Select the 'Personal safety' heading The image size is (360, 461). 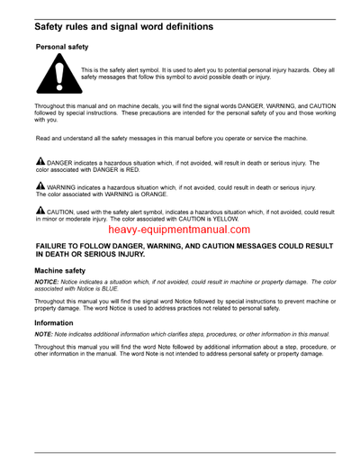pyautogui.click(x=66, y=46)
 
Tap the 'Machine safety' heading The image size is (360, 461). pyautogui.click(x=60, y=270)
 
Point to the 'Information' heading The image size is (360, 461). pyautogui.click(x=54, y=321)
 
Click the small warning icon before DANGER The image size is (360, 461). pyautogui.click(x=40, y=162)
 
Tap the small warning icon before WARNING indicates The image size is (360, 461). pyautogui.click(x=40, y=186)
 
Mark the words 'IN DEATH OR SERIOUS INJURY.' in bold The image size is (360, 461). pyautogui.click(x=93, y=255)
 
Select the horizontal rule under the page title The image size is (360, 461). pyautogui.click(x=180, y=36)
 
